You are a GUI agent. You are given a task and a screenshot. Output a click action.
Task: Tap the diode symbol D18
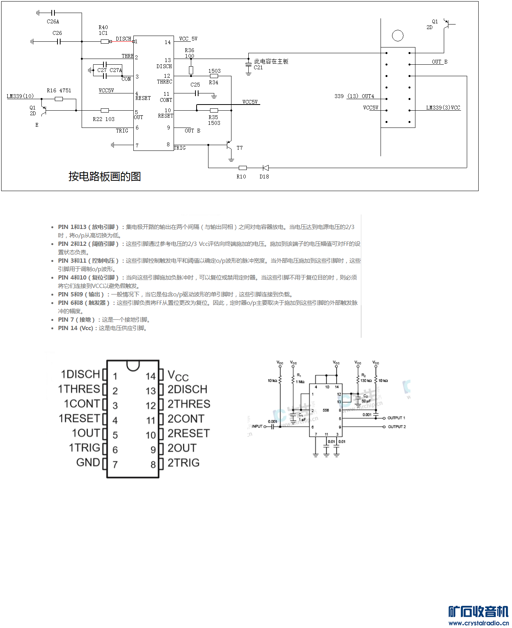coord(265,168)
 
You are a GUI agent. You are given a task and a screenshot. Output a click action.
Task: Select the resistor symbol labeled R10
coord(243,168)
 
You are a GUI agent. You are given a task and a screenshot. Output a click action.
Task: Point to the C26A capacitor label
coord(53,22)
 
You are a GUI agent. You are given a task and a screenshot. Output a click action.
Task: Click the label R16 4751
coord(59,91)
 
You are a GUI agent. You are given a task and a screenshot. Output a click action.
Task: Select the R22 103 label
coord(103,119)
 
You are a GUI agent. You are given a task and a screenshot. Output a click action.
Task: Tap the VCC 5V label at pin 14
coord(188,39)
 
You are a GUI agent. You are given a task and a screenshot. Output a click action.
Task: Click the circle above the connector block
coord(398,36)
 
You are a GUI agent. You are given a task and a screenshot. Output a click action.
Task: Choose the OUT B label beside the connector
coord(440,62)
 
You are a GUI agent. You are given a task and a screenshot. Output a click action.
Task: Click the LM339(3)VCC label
coord(443,108)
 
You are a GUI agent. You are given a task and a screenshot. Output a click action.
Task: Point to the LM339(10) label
coord(20,96)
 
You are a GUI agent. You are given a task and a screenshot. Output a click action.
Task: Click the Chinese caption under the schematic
coord(105,177)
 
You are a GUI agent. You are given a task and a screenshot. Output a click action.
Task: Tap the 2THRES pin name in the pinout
coord(189,404)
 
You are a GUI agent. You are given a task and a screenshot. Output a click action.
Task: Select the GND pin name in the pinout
coord(88,463)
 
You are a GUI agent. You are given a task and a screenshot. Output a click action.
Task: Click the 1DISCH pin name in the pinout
coord(80,374)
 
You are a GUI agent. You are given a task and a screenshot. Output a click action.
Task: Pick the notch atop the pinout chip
coord(133,365)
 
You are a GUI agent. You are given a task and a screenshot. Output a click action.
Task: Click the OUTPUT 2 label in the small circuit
coord(397,427)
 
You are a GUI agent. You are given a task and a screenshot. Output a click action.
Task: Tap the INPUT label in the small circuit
coord(257,426)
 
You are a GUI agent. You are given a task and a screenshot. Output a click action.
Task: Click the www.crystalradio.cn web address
coord(478,623)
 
